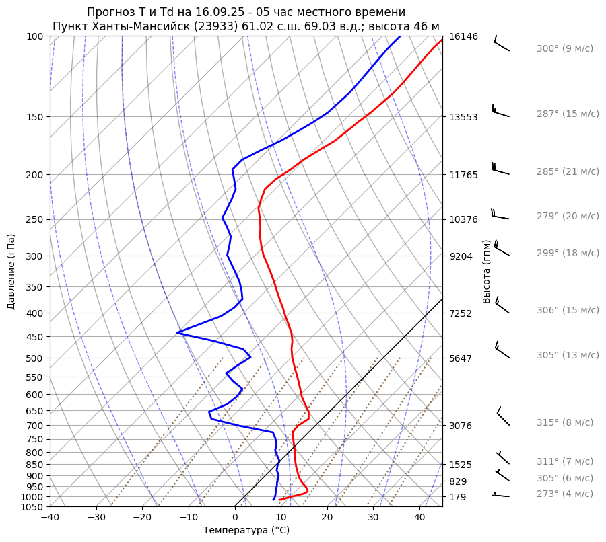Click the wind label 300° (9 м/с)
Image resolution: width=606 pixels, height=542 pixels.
564,49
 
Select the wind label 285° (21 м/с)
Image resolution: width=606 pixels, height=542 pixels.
567,171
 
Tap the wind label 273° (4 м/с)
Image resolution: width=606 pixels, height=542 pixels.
564,494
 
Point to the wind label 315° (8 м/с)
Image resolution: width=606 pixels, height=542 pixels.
564,422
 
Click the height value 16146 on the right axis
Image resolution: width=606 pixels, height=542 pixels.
463,36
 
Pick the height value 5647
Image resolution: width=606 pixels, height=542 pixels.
461,358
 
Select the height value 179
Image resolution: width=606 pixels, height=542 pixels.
458,497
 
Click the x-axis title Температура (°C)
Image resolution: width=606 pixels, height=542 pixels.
246,531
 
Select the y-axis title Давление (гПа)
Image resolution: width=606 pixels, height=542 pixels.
11,272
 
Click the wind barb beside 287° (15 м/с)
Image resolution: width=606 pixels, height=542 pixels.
501,111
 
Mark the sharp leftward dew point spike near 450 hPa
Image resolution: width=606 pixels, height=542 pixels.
178,332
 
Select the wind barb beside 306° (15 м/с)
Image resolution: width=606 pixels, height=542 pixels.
502,306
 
